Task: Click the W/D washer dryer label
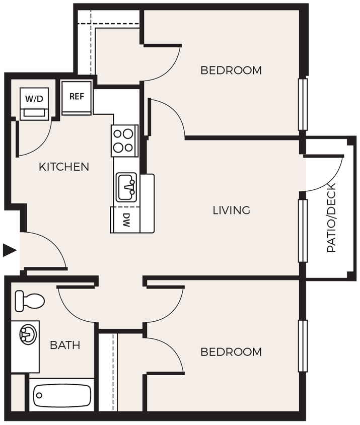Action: coord(34,98)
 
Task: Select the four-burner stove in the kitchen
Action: coord(124,140)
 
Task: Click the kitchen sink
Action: coord(127,187)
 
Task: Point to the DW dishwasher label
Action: coord(126,221)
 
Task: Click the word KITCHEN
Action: coord(64,167)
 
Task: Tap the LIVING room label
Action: coord(231,210)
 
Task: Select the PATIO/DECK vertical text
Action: coord(331,218)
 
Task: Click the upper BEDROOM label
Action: coord(231,70)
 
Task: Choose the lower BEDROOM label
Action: coord(231,351)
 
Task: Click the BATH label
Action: coord(65,345)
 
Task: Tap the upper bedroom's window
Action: coord(303,104)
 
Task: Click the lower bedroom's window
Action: coord(303,346)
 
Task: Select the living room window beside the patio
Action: coord(303,231)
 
